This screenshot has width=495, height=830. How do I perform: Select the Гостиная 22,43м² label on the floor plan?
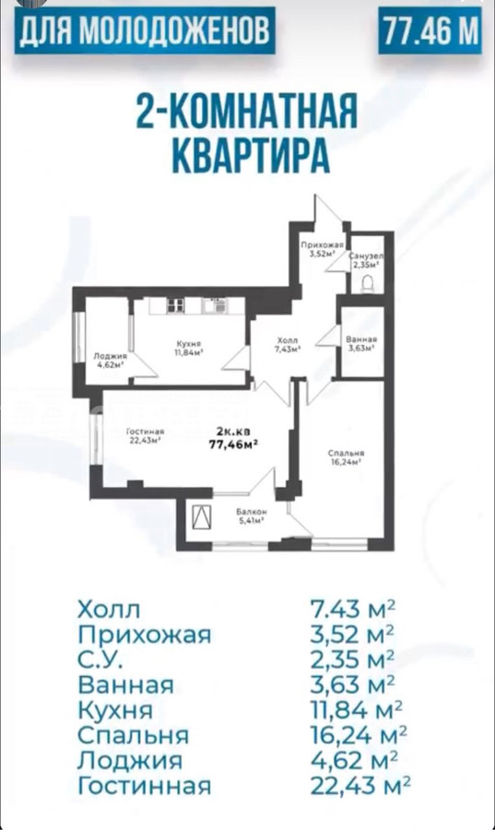click(145, 435)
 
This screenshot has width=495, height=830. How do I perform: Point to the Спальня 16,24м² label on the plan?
click(346, 456)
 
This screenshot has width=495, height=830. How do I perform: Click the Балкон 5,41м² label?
click(252, 516)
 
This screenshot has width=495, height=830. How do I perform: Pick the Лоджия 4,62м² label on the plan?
click(111, 360)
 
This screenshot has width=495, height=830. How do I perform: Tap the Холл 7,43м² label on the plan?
click(288, 344)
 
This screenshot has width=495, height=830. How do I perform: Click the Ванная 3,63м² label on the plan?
click(361, 344)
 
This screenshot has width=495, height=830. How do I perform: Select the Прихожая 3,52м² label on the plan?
click(323, 249)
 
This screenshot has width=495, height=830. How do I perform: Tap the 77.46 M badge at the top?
click(430, 30)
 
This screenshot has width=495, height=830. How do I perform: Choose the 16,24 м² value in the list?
click(359, 735)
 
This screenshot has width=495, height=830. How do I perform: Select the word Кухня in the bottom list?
click(115, 709)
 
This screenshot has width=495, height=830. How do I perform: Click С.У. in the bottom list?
click(100, 659)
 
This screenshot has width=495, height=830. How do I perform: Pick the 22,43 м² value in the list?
click(360, 785)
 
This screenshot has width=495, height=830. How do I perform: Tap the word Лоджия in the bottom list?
click(130, 761)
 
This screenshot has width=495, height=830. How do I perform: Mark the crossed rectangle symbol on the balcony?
click(202, 517)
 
